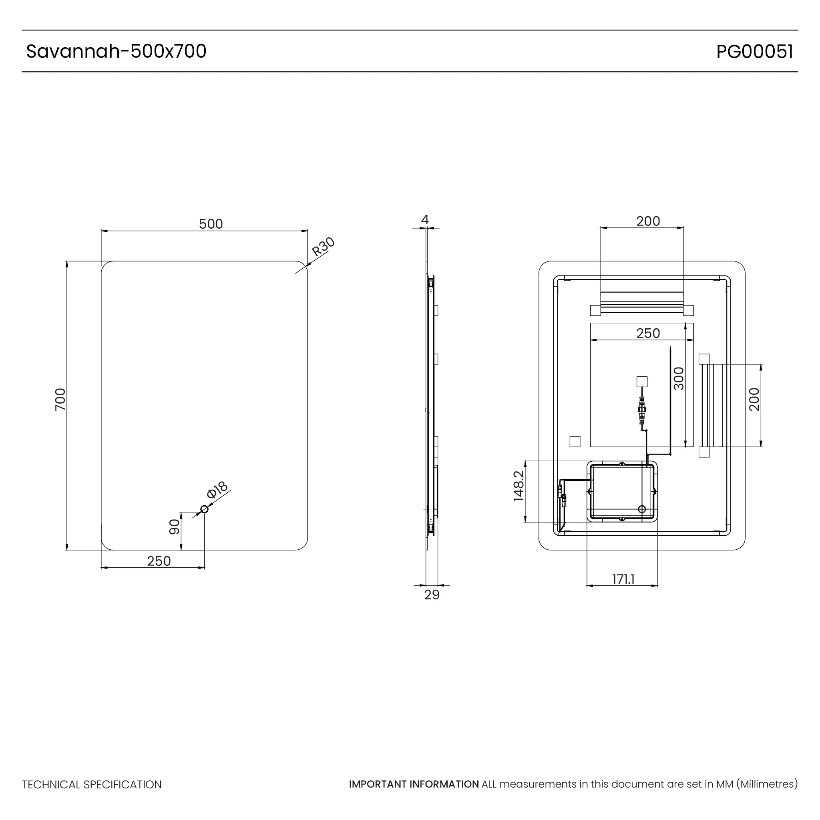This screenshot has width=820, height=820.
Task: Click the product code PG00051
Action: click(x=754, y=52)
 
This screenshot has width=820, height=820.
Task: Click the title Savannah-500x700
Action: click(x=116, y=51)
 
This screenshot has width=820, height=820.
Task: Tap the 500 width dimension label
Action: click(x=211, y=224)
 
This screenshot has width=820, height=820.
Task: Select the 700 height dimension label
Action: click(x=60, y=399)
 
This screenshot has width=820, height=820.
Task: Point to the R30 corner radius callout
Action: click(x=323, y=247)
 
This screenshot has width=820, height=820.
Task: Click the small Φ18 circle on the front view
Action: click(x=204, y=509)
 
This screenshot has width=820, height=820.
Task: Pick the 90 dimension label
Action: click(x=175, y=527)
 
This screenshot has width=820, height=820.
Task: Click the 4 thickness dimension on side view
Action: click(x=425, y=219)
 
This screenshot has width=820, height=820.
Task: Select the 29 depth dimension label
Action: click(x=432, y=595)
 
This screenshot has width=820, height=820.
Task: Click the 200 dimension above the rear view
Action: click(x=648, y=221)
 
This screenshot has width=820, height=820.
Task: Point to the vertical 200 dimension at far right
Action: click(x=754, y=399)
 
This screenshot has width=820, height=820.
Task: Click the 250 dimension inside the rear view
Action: click(x=648, y=333)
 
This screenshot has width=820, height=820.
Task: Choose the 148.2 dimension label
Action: click(x=519, y=486)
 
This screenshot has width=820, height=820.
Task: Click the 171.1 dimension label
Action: click(x=623, y=579)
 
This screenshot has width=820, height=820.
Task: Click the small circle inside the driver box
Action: click(x=642, y=509)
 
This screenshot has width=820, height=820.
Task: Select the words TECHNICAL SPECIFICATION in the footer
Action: click(x=92, y=785)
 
